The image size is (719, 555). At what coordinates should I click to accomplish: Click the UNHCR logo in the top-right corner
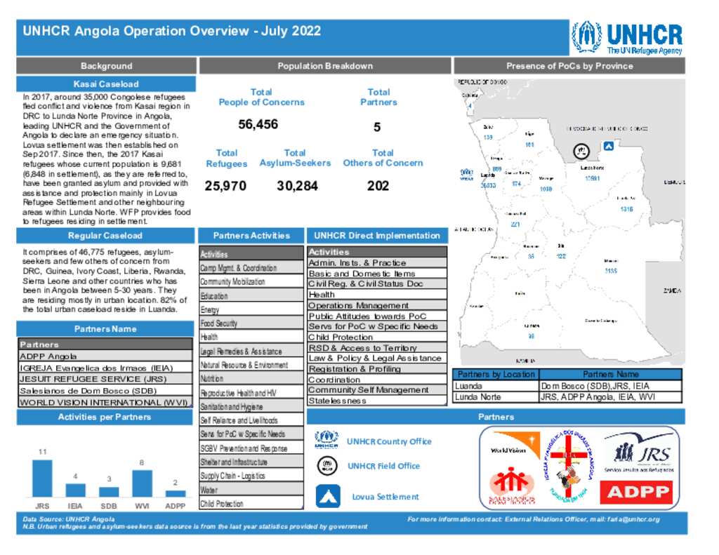point(626,38)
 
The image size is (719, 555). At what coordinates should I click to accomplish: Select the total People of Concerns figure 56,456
point(258,125)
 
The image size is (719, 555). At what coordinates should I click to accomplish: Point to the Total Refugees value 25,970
point(226,187)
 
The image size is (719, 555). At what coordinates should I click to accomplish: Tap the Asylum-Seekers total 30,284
point(297,187)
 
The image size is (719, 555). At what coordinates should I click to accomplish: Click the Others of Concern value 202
point(378,187)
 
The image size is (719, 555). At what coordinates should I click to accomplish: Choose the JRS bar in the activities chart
point(42,478)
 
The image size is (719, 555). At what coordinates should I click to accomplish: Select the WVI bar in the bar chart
point(142,483)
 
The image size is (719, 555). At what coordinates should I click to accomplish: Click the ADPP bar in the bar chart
point(175,492)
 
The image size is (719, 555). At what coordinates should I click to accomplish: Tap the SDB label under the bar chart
point(109,505)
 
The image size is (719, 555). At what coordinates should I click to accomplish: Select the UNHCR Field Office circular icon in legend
point(326,466)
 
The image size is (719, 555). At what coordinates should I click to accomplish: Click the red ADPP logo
point(638,492)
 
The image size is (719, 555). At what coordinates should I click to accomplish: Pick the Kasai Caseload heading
point(106,84)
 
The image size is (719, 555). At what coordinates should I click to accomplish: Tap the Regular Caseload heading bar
point(106,236)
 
